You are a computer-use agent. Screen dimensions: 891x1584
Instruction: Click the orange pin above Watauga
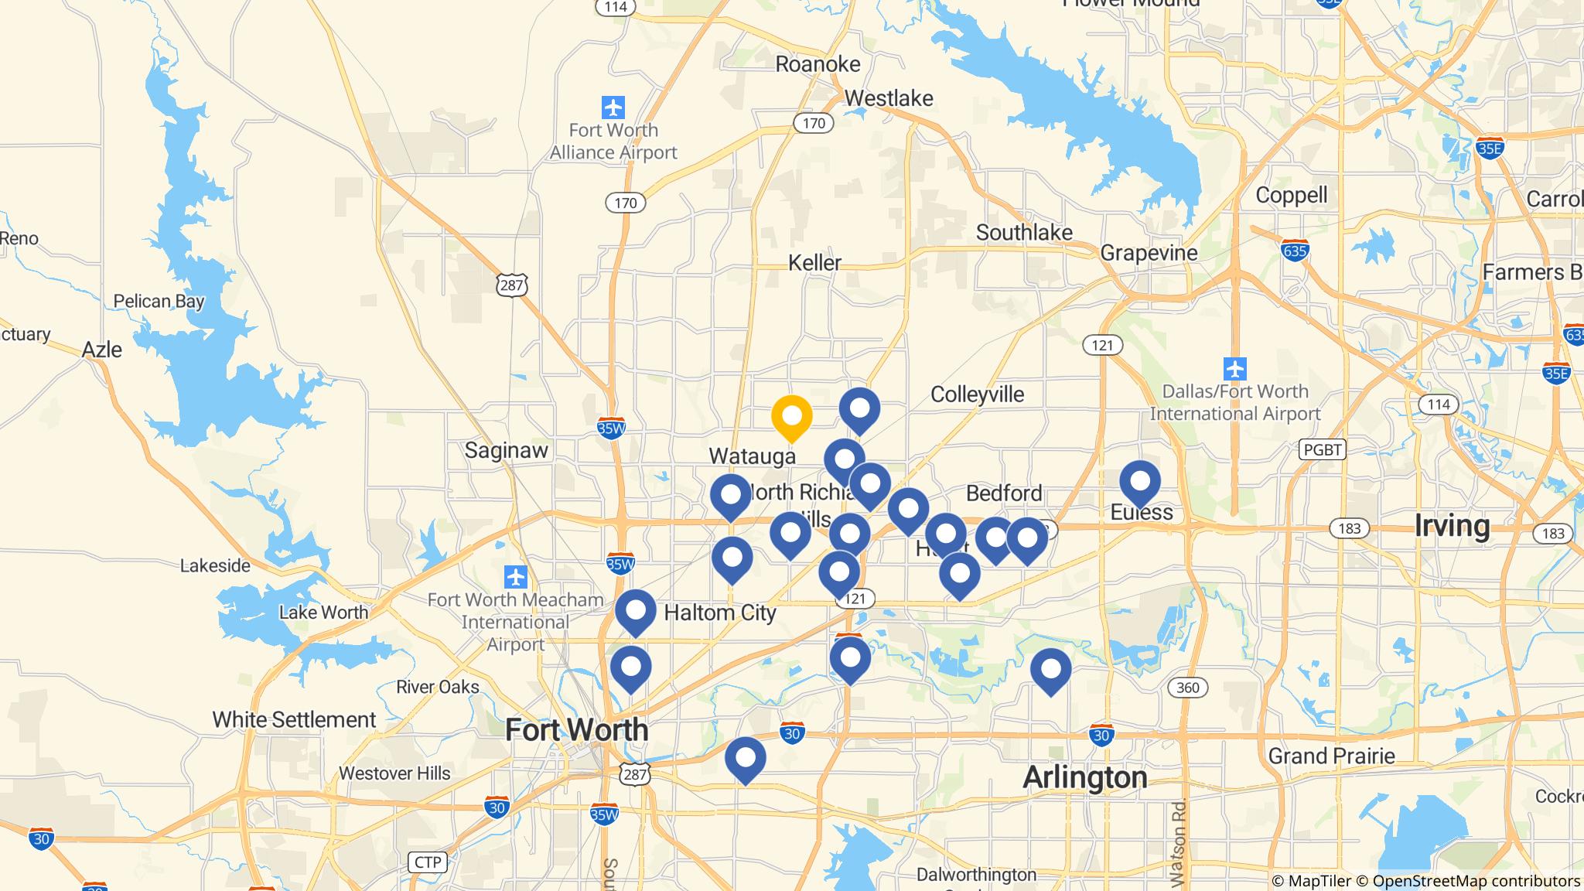[x=791, y=416]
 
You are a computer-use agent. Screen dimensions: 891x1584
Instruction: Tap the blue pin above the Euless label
[x=1140, y=482]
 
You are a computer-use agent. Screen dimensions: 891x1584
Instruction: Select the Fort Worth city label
[x=576, y=729]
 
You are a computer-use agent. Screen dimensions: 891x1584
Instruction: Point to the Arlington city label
[x=1084, y=777]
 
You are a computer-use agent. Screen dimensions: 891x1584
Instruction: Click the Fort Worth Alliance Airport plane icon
[x=613, y=107]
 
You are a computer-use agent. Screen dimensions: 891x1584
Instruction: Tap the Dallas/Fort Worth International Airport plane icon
[x=1235, y=367]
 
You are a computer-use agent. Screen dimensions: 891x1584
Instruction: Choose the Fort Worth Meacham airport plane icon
[x=515, y=577]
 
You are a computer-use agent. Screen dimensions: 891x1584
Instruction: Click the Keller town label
[x=814, y=263]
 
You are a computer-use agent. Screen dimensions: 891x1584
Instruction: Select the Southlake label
[x=1024, y=232]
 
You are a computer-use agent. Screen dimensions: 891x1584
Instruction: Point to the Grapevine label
[x=1149, y=253]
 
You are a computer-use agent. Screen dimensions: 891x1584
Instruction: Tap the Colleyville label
[x=977, y=394]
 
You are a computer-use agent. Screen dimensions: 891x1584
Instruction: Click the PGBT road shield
[x=1322, y=449]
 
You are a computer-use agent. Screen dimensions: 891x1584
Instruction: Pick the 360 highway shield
[x=1187, y=688]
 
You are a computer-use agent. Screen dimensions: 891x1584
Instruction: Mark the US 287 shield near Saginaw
[x=512, y=285]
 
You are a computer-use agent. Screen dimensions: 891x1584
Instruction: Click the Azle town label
[x=102, y=350]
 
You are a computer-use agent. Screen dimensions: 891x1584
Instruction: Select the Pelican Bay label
[x=159, y=301]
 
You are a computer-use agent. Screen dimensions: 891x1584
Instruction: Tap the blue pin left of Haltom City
[x=635, y=611]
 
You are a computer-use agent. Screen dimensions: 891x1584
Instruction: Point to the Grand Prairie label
[x=1331, y=756]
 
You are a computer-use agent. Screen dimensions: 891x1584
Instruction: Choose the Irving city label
[x=1452, y=526]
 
